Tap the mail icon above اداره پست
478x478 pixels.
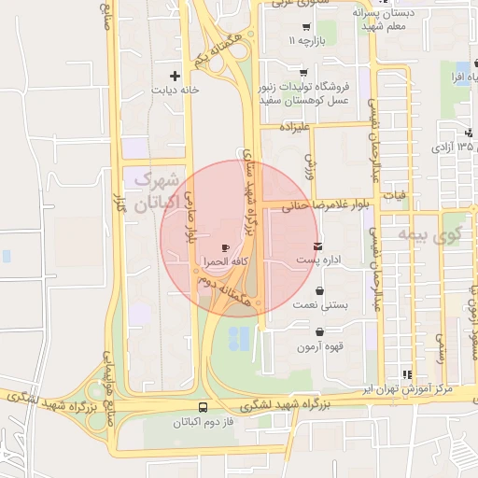pos(319,246)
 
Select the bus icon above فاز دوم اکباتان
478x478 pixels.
pos(204,408)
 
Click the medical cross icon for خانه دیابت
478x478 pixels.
pos(174,75)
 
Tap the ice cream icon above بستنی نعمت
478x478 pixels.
pos(320,291)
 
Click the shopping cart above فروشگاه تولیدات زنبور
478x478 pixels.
pos(302,72)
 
